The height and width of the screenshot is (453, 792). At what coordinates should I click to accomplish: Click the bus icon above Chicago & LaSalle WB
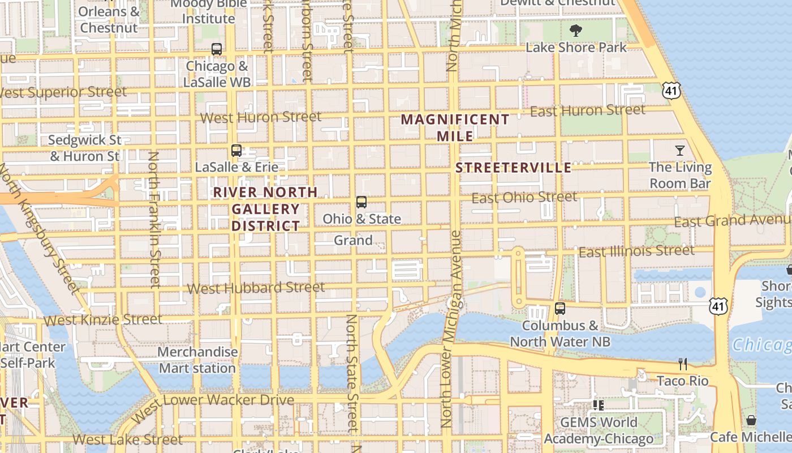click(217, 49)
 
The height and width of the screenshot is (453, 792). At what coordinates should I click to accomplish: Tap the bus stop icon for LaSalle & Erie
click(236, 151)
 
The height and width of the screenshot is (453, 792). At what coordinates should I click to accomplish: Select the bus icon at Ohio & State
click(361, 202)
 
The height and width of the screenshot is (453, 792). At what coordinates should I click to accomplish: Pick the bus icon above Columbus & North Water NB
click(560, 309)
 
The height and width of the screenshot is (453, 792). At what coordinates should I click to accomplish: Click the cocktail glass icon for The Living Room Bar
click(680, 151)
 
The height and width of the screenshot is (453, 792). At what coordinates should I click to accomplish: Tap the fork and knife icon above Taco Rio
click(683, 364)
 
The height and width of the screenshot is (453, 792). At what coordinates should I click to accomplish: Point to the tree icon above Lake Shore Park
click(576, 30)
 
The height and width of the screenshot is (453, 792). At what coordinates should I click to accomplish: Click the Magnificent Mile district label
click(455, 127)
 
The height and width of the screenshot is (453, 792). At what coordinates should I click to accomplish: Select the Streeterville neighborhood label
click(514, 168)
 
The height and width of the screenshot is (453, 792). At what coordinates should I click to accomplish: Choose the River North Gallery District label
click(265, 209)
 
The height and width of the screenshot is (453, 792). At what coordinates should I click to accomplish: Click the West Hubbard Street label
click(256, 288)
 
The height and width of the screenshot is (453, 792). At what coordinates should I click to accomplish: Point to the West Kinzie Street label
click(103, 320)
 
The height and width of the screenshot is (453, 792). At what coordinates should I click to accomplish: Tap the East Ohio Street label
click(524, 198)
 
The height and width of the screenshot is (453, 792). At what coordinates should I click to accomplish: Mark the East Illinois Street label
click(636, 251)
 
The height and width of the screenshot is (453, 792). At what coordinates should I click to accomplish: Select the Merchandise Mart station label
click(197, 360)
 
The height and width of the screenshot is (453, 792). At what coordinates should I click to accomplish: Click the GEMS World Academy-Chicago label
click(599, 430)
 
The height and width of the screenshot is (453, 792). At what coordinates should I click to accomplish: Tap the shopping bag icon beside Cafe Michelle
click(751, 420)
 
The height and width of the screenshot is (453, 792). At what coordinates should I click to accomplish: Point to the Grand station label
click(353, 240)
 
